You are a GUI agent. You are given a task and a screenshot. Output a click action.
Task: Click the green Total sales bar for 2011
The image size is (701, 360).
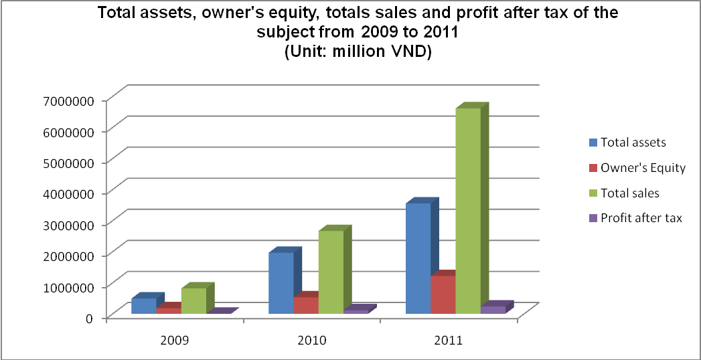click(467, 211)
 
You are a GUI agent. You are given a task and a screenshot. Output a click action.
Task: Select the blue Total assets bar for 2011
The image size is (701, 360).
click(418, 258)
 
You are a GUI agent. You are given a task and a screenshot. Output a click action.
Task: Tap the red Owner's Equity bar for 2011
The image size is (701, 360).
click(443, 294)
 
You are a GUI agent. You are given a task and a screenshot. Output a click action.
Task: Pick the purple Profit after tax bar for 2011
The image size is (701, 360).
click(492, 310)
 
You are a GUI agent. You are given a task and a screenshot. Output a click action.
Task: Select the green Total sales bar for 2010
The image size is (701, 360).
click(330, 272)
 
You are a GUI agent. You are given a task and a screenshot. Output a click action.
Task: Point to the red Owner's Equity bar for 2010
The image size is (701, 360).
click(305, 305)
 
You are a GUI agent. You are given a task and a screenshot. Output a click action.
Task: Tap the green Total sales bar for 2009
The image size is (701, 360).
click(193, 300)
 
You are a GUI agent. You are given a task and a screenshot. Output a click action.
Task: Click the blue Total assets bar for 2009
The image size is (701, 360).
click(143, 306)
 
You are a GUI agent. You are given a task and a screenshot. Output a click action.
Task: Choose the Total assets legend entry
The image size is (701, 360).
click(633, 142)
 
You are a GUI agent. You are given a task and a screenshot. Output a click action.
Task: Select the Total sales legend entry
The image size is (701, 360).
click(629, 193)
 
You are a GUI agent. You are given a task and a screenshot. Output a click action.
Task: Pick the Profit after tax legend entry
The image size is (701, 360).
click(641, 218)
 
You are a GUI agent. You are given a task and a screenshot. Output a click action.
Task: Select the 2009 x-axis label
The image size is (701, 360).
click(175, 340)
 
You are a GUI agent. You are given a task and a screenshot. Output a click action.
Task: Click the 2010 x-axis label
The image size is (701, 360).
click(311, 340)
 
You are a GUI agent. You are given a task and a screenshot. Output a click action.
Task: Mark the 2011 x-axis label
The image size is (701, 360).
click(448, 340)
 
